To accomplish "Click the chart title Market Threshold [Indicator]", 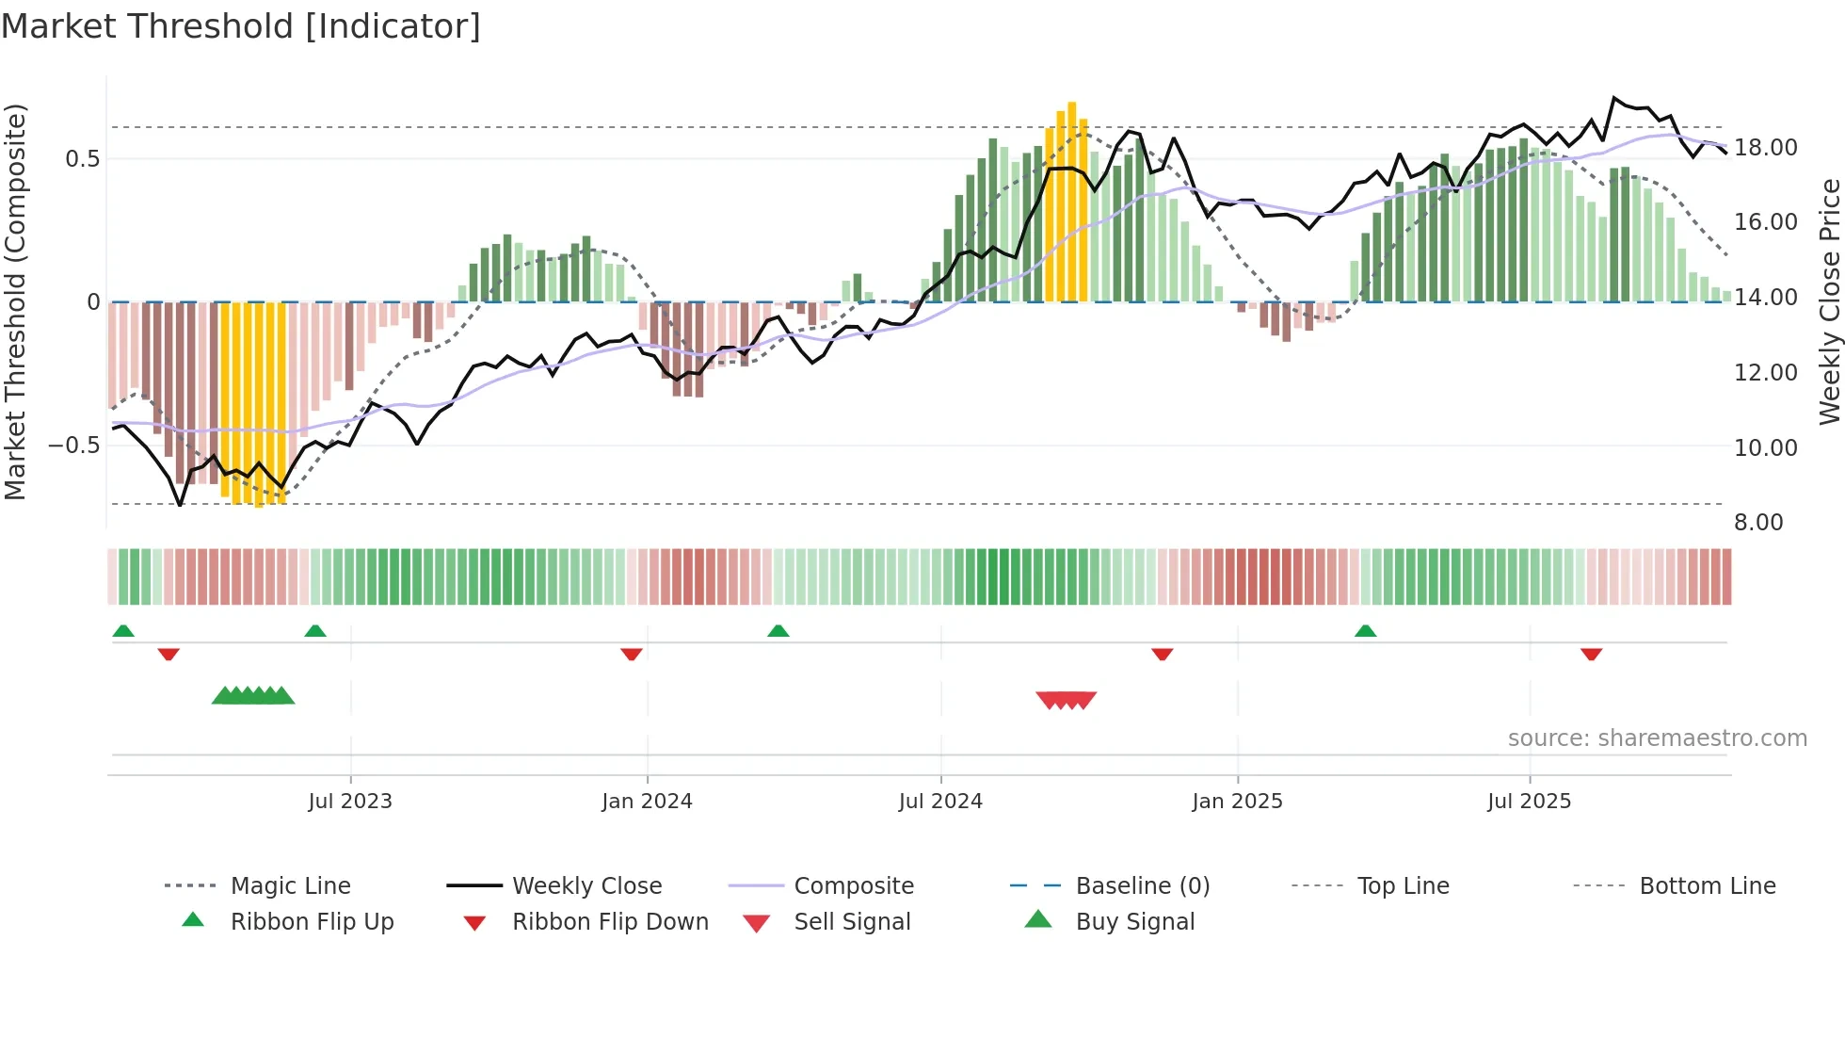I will [241, 26].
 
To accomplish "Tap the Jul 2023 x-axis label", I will [350, 802].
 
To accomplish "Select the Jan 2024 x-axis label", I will [647, 802].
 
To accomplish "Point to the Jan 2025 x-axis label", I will [1237, 802].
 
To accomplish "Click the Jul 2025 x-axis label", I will [1530, 802].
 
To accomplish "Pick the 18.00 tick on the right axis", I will [1766, 148].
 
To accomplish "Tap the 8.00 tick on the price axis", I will [1758, 523].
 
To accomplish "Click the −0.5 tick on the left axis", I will [73, 445].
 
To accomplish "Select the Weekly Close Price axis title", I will [1829, 301].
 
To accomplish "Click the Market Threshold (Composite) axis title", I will [15, 301].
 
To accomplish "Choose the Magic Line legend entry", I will [290, 886].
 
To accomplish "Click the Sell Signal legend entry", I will [852, 922].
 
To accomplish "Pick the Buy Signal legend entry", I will [1134, 922].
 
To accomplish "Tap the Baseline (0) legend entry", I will [1142, 886].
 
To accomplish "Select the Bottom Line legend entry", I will [1707, 886].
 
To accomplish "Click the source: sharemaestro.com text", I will [1657, 738].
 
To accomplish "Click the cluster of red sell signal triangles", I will [1067, 700].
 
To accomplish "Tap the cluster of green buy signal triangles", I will [253, 696].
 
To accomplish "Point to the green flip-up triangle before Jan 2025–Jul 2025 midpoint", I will [1366, 631].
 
